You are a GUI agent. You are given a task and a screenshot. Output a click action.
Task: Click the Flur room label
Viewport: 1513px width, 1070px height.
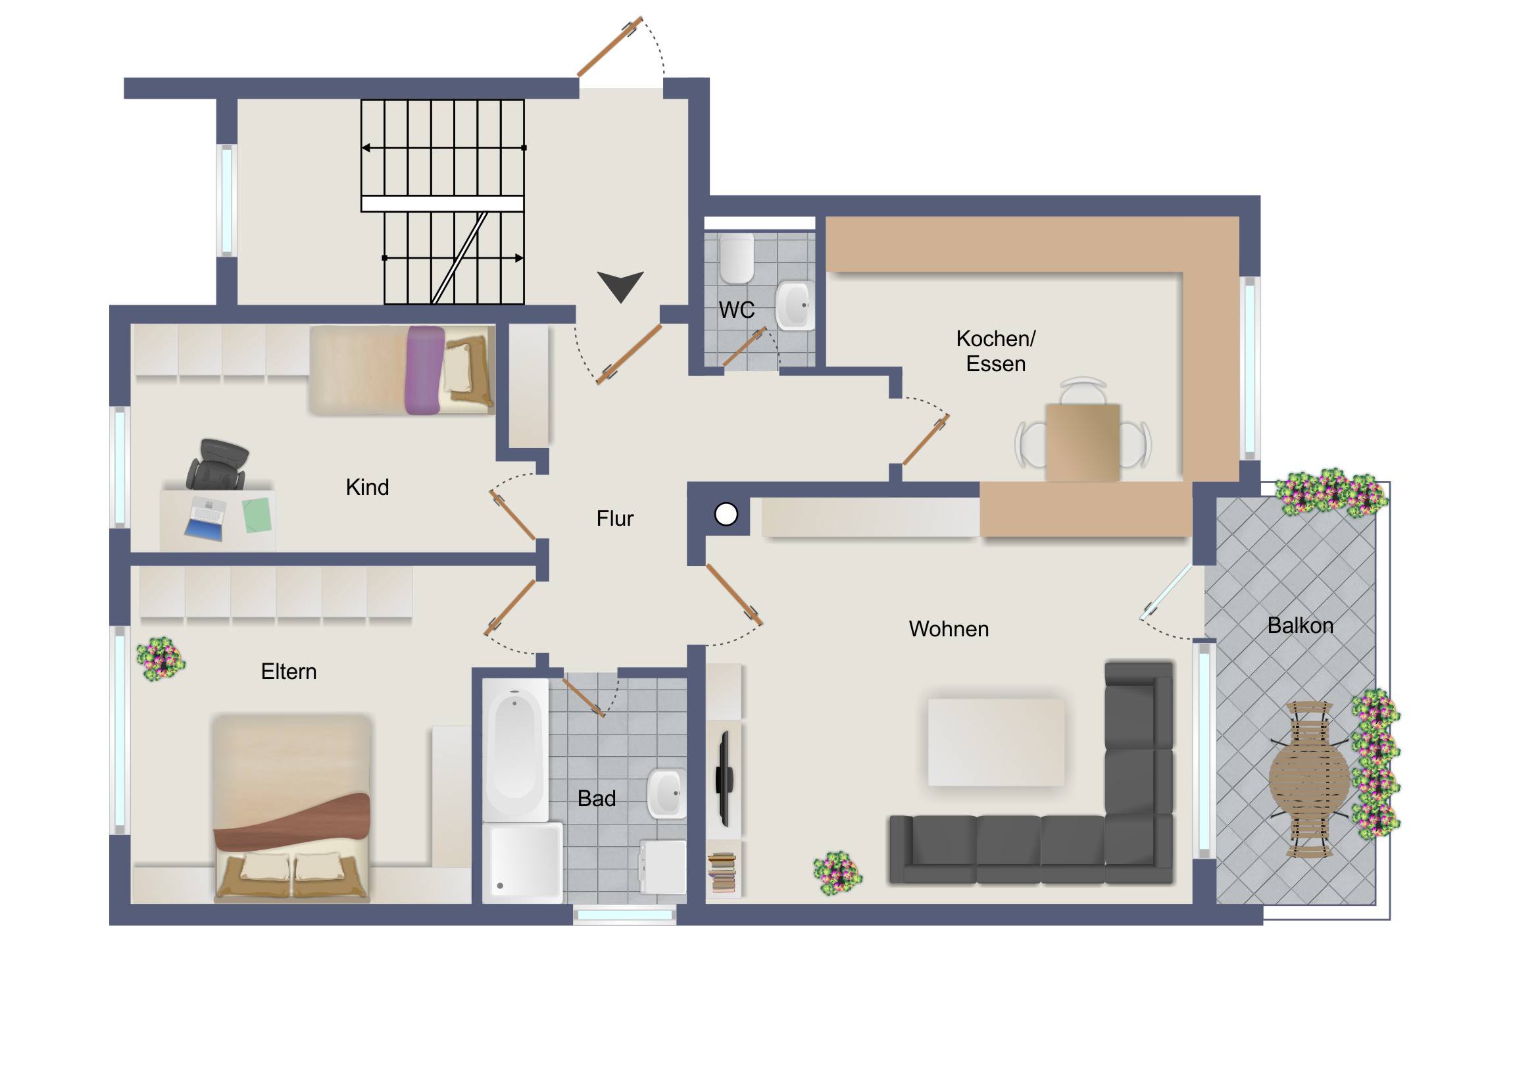tap(614, 518)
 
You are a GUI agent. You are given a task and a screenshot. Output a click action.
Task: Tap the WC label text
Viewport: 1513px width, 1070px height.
tap(736, 309)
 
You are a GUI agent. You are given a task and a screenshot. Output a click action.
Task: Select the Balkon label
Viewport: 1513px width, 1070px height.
tap(1299, 625)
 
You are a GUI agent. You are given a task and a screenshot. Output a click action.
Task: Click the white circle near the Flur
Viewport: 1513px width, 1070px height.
tap(726, 514)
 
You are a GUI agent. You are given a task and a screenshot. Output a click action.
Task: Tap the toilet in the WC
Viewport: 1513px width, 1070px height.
tap(736, 257)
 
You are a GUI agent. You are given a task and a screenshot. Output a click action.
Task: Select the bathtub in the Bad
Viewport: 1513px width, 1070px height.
tap(514, 750)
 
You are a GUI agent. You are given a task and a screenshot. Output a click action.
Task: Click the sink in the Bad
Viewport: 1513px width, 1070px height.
tap(666, 793)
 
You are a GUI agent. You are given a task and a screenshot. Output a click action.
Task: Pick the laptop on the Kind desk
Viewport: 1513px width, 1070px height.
tap(205, 518)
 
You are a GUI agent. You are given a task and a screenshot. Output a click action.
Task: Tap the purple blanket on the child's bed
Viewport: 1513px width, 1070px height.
tap(424, 370)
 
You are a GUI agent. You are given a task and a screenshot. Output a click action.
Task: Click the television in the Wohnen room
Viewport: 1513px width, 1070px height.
tap(724, 778)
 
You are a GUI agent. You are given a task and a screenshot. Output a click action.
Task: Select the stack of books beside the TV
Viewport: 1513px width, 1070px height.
tap(722, 872)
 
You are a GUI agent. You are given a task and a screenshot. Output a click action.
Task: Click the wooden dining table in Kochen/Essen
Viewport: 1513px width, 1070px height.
tap(1082, 442)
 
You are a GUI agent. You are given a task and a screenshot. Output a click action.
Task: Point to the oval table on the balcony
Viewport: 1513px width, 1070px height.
tap(1308, 780)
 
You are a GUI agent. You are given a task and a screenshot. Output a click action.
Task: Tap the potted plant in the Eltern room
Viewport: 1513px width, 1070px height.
tap(160, 659)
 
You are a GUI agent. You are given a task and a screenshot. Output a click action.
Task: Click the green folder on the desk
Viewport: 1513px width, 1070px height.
tap(257, 515)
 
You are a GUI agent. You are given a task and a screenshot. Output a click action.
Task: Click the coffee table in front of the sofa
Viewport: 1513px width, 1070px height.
tap(996, 742)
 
